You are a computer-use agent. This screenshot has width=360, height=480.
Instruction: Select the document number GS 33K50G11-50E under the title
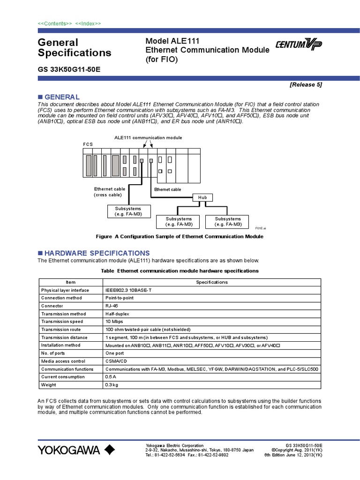click(69, 69)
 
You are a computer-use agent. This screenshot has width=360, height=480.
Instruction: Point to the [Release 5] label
click(306, 85)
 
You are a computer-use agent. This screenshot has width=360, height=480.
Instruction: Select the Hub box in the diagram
click(203, 198)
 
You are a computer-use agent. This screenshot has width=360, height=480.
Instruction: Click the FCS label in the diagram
click(88, 144)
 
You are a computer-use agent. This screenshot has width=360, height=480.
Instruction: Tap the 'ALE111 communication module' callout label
click(148, 137)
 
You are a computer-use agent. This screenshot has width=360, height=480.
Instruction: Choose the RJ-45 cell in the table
click(112, 306)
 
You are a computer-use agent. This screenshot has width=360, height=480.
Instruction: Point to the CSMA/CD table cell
click(115, 361)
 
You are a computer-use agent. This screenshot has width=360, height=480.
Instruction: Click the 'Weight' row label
click(49, 385)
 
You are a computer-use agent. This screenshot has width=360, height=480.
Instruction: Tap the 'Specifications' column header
click(211, 282)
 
